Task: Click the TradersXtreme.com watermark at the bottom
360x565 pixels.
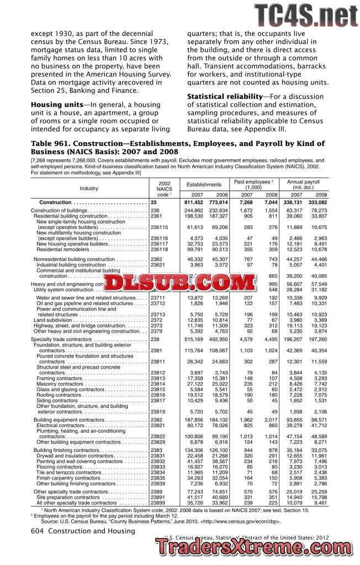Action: click(254, 546)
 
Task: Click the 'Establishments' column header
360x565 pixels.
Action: click(203, 184)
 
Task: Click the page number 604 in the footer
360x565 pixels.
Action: click(39, 531)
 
